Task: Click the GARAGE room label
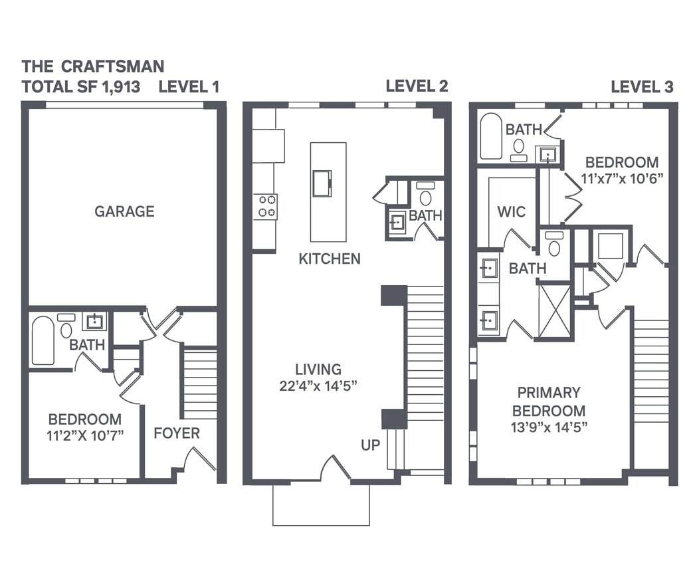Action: click(x=124, y=211)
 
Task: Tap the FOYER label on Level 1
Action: click(x=176, y=433)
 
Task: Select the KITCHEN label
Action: click(x=329, y=259)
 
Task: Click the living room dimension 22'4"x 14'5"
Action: click(x=319, y=386)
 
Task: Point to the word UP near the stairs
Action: click(x=371, y=445)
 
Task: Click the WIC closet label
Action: click(x=511, y=212)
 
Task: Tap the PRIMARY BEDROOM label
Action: click(x=548, y=401)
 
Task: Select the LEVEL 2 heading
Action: click(x=417, y=86)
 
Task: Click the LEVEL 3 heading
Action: click(x=641, y=86)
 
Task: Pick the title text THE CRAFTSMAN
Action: click(x=92, y=66)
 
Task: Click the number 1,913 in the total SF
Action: click(x=122, y=86)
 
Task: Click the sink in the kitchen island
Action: click(x=322, y=183)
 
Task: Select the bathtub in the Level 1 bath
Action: click(x=43, y=340)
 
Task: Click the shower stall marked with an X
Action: click(x=554, y=310)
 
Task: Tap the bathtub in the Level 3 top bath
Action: click(x=491, y=136)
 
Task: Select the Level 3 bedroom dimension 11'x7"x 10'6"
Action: click(x=621, y=179)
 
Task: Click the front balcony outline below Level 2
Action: click(x=321, y=505)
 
